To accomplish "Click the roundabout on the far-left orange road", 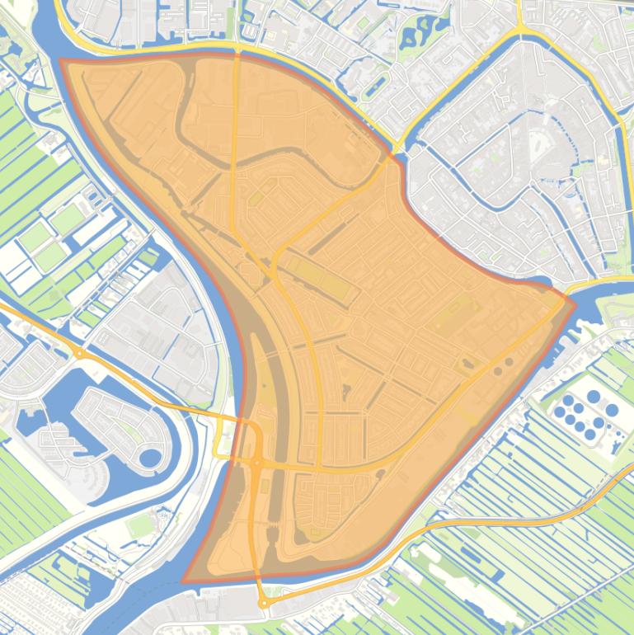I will click(79, 353).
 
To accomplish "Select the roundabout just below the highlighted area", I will click(264, 604).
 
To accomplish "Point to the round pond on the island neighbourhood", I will click(149, 458).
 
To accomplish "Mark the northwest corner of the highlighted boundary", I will click(62, 60).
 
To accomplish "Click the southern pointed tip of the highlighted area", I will click(185, 581).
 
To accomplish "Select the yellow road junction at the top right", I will click(522, 31).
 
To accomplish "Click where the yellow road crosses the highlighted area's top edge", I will click(237, 53).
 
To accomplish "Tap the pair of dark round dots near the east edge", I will click(503, 363).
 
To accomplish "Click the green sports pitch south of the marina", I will click(142, 524).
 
